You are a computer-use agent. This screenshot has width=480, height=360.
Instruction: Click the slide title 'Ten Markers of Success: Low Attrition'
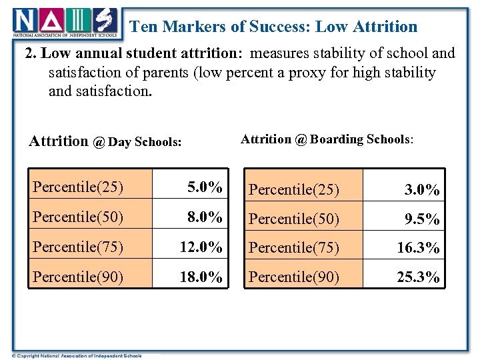coord(273,27)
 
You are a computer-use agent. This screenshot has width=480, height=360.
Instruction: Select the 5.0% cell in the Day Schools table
coord(205,187)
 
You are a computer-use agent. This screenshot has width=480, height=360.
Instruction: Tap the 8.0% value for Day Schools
coord(205,216)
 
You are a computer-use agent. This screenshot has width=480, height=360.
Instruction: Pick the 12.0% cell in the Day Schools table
coord(201,247)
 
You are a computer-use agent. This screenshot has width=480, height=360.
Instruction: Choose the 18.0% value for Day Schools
coord(201,277)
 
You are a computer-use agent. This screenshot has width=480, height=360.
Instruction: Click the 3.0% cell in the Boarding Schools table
coord(422,190)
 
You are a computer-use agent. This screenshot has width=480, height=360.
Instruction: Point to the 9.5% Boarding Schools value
coord(422,219)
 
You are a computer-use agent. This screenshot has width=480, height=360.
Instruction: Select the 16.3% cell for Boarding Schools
coord(418,248)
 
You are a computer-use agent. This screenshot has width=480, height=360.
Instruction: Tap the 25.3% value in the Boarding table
coord(418,277)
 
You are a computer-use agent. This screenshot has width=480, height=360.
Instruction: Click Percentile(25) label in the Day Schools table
coord(78,187)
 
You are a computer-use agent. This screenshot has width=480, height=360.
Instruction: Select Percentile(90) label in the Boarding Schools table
coord(294,277)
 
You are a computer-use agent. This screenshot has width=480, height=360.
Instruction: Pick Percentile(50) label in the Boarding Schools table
coord(294,219)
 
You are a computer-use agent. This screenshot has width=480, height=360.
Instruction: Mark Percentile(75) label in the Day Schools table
coord(78,247)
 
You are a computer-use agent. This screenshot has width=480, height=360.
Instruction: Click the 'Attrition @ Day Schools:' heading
coord(105,141)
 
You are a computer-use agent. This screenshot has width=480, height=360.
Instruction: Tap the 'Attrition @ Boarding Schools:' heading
coord(327,139)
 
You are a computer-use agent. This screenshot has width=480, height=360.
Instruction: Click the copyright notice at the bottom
coord(72,355)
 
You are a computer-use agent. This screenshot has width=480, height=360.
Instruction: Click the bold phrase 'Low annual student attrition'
coord(133,53)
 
